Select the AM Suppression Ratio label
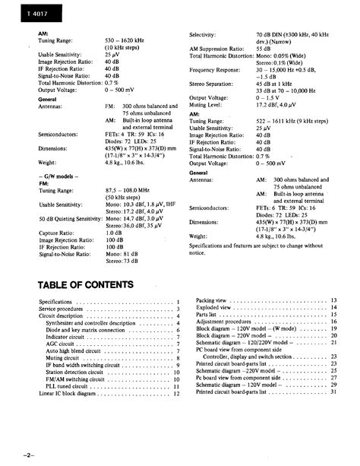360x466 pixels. pyautogui.click(x=221, y=49)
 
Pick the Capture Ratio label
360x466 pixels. pyautogui.click(x=58, y=233)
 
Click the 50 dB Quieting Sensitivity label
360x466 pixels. pyautogui.click(x=71, y=219)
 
